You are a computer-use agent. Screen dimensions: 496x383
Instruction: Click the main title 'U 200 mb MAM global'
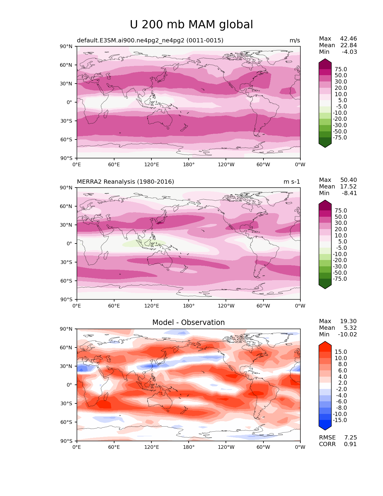point(191,25)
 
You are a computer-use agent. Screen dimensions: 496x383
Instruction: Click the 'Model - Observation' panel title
point(188,323)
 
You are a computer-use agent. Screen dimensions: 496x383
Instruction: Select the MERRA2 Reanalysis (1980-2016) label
point(125,182)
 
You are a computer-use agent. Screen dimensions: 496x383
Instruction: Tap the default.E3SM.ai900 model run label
point(150,41)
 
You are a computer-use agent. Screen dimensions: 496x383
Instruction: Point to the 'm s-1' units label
point(292,182)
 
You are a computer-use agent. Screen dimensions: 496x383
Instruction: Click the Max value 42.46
point(348,39)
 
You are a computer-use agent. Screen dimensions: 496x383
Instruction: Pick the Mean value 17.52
point(348,187)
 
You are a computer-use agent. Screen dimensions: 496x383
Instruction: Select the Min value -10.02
point(348,335)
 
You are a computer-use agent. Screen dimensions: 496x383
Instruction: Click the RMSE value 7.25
point(350,438)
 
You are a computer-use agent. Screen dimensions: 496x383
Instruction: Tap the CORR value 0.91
point(350,444)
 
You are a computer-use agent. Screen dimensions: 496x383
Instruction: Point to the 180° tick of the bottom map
point(189,447)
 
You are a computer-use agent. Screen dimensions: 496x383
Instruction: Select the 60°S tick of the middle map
point(67,281)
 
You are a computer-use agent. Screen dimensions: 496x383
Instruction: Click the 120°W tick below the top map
point(226,165)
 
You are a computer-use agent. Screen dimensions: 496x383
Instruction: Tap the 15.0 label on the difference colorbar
point(341,352)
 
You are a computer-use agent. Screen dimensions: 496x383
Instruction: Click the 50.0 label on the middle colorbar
point(341,217)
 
